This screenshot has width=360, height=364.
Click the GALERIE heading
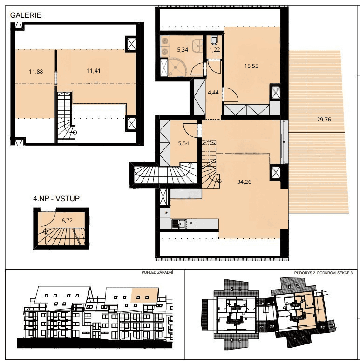(x=26, y=15)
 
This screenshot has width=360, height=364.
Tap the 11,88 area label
(x=36, y=71)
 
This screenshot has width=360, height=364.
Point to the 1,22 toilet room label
(x=214, y=49)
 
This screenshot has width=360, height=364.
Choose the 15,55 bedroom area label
(x=251, y=66)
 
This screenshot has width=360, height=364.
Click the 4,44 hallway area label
(x=213, y=92)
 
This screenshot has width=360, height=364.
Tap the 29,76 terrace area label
(x=325, y=119)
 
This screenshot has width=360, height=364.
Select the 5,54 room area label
(x=183, y=144)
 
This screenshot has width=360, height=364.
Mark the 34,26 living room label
(x=245, y=182)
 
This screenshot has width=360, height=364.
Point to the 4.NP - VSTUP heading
(x=56, y=199)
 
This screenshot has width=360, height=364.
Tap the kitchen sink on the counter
(x=178, y=224)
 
